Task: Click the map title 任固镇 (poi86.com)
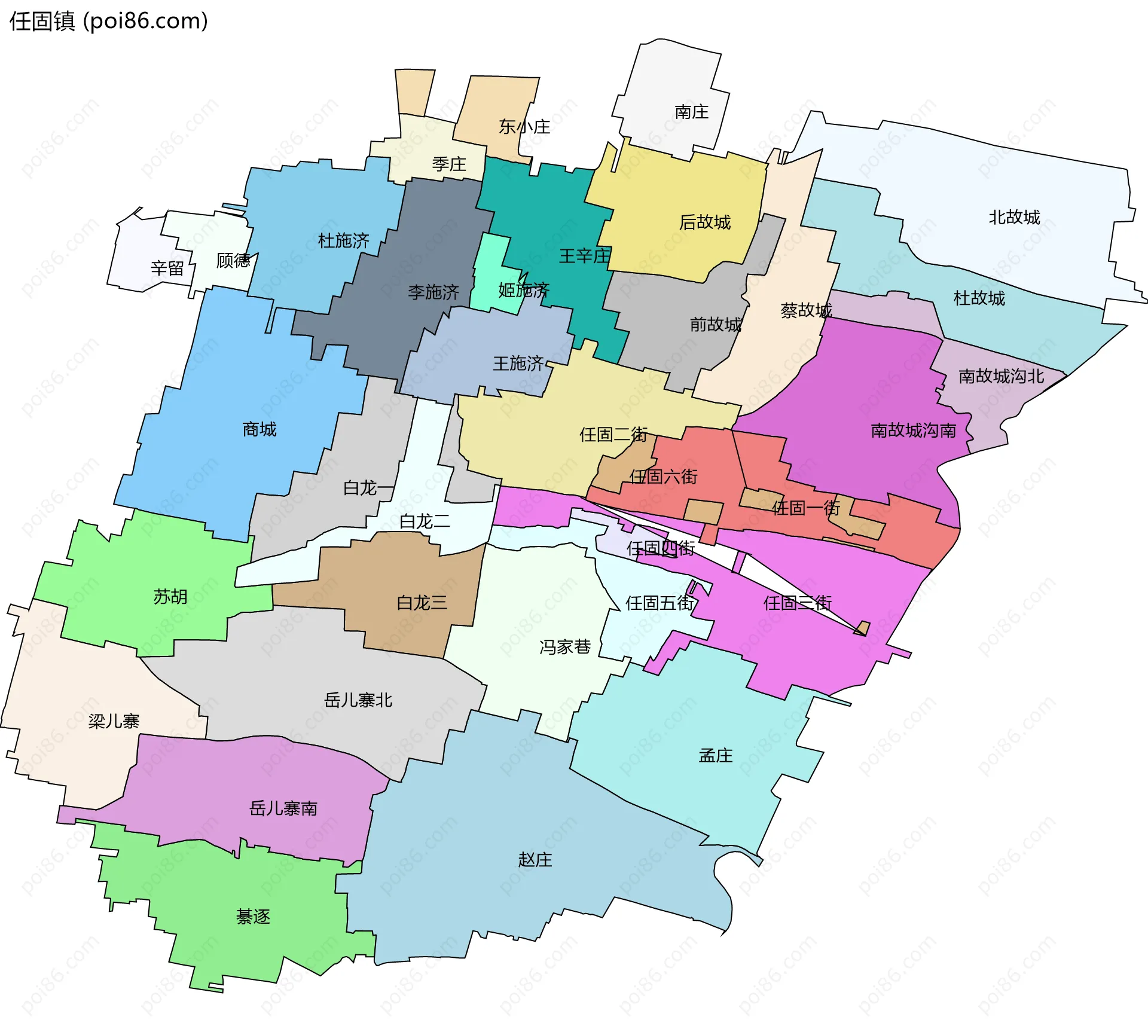coord(108,22)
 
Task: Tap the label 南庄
coord(691,112)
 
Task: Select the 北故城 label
coord(1014,217)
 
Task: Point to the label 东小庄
coord(524,127)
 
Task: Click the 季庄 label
coord(448,164)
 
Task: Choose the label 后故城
coord(704,222)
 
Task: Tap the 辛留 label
coord(167,268)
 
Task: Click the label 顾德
coord(233,261)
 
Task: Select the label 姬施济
coord(523,291)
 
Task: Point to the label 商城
coord(259,429)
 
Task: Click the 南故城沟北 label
coord(1001,376)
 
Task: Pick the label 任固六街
coord(663,477)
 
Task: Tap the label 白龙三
coord(422,603)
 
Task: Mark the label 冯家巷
coord(564,647)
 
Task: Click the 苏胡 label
coord(170,597)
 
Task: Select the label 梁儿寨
coord(114,721)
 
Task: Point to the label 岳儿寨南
coord(283,809)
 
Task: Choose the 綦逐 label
coord(253,917)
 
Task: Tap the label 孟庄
coord(715,756)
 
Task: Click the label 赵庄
coord(535,860)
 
